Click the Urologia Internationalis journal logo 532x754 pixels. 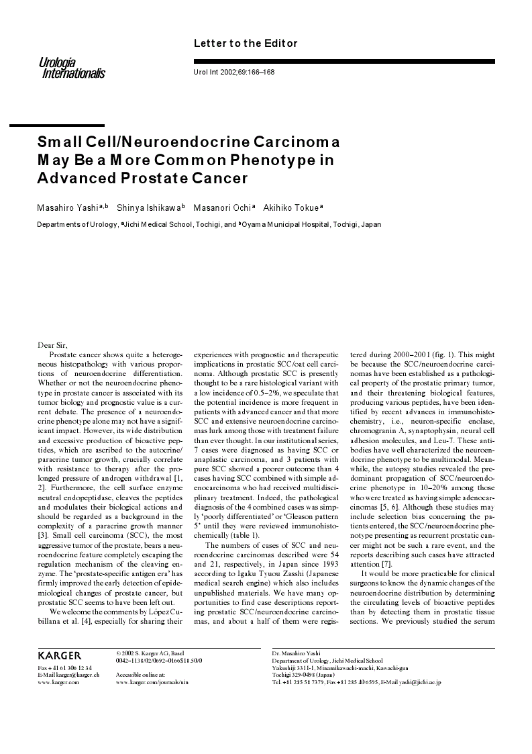(x=72, y=67)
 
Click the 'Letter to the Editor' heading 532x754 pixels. (x=245, y=44)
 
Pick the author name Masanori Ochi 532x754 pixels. (x=218, y=207)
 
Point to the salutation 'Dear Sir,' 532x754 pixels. (x=52, y=345)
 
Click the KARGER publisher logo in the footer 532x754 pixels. (x=60, y=655)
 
